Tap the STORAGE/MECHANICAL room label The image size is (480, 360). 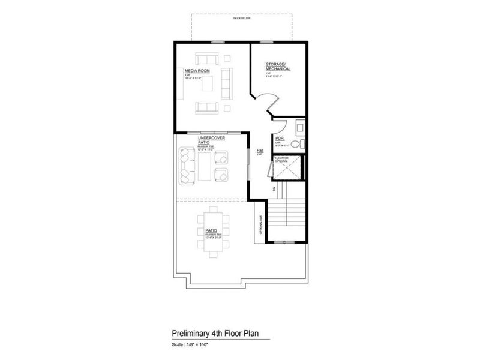click(278, 66)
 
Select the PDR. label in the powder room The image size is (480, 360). click(279, 138)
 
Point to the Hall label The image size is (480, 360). click(260, 151)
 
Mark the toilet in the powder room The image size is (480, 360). click(301, 143)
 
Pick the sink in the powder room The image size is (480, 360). click(300, 127)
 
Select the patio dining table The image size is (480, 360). click(213, 232)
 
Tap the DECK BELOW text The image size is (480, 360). click(242, 19)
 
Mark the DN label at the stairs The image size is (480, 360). click(273, 189)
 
